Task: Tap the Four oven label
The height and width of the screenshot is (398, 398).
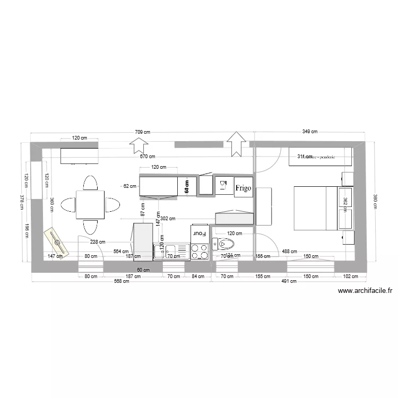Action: click(198, 233)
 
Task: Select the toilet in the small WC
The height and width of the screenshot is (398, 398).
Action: click(223, 245)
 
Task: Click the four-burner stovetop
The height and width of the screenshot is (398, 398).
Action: click(200, 252)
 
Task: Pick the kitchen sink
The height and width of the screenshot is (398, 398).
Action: click(171, 251)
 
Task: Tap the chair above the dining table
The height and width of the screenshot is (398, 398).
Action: click(90, 183)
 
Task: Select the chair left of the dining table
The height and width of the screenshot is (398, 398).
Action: click(69, 205)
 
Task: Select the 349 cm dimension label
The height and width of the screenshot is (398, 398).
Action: click(309, 132)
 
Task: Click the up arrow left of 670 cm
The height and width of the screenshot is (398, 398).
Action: click(140, 144)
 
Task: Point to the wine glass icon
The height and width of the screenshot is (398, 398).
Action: click(223, 185)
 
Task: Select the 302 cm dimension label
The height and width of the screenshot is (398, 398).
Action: click(168, 218)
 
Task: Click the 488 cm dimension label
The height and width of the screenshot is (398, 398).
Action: click(289, 252)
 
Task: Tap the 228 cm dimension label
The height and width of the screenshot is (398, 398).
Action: click(97, 242)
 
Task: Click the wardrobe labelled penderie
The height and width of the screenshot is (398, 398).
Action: click(320, 157)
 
